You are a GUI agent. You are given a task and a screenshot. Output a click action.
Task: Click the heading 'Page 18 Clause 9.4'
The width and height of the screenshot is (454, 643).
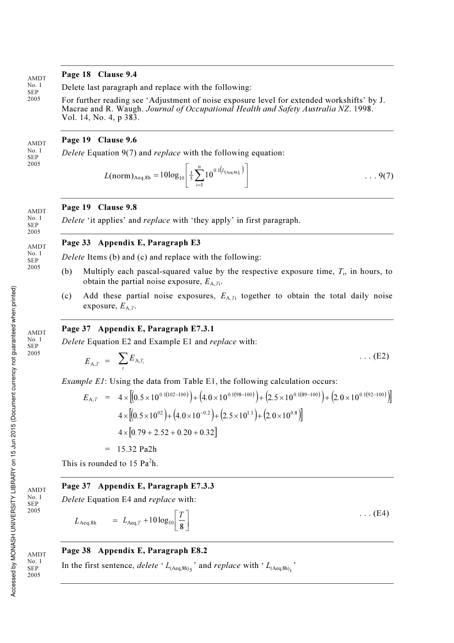99,75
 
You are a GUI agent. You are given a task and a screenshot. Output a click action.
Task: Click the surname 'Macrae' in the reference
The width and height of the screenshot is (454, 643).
74,109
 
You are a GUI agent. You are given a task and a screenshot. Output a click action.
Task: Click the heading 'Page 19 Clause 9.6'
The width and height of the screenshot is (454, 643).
99,140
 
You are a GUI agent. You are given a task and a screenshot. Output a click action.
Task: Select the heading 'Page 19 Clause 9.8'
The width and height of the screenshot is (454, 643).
99,207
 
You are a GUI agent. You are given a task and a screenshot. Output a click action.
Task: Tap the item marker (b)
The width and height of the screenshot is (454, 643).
67,272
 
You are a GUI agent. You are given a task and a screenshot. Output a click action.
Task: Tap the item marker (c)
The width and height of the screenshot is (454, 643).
67,296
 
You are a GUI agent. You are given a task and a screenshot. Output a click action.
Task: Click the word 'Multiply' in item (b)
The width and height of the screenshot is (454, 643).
99,272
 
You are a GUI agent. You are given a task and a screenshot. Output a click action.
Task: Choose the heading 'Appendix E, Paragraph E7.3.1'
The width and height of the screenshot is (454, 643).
156,329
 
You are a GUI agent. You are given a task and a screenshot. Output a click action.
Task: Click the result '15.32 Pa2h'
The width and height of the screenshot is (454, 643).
137,449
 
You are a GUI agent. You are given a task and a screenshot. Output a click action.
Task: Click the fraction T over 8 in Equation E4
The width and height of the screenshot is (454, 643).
182,521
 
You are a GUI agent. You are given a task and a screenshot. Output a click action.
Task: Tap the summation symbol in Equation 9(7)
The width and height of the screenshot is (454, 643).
200,175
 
